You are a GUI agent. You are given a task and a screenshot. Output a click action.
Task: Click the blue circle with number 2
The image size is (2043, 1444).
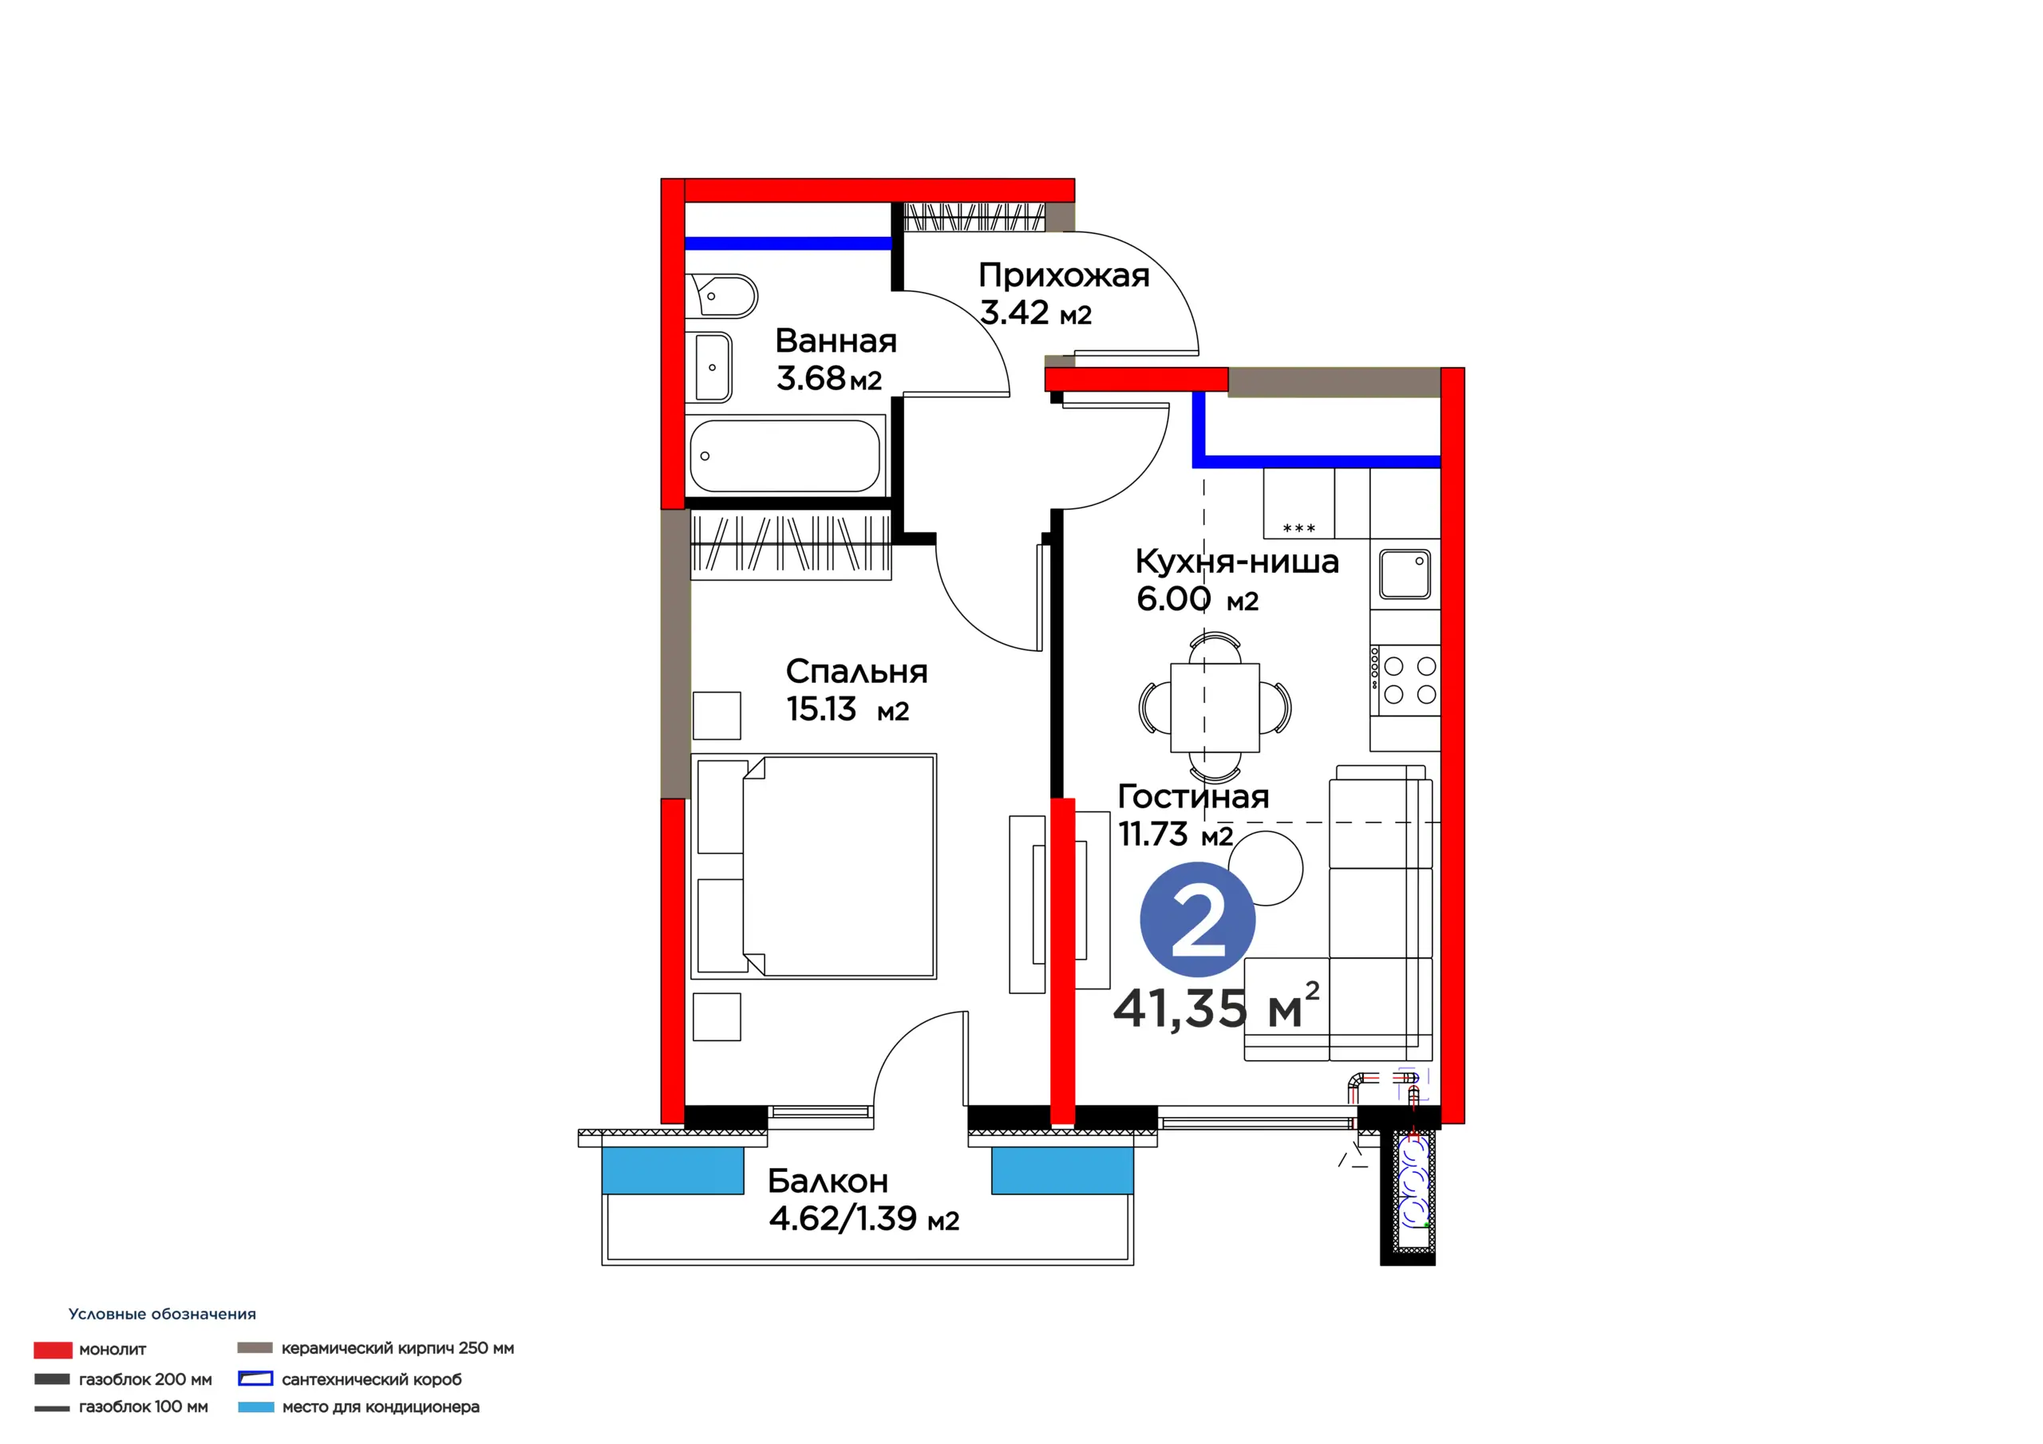pyautogui.click(x=1197, y=919)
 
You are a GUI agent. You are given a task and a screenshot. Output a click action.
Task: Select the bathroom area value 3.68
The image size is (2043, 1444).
pyautogui.click(x=811, y=378)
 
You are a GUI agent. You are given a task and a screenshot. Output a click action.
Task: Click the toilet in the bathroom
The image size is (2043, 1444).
pyautogui.click(x=722, y=295)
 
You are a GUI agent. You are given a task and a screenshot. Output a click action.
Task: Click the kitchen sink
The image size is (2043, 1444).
pyautogui.click(x=1405, y=574)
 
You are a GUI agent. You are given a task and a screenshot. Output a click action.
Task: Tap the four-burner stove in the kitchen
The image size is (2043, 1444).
pyautogui.click(x=1405, y=681)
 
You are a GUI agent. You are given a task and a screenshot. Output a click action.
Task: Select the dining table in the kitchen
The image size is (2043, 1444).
pyautogui.click(x=1215, y=708)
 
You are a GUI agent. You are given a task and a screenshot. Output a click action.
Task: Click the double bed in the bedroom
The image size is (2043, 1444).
pyautogui.click(x=813, y=866)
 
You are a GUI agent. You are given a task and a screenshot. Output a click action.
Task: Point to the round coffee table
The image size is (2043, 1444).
pyautogui.click(x=1267, y=868)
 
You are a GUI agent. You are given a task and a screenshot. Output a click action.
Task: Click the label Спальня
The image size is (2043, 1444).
pyautogui.click(x=857, y=672)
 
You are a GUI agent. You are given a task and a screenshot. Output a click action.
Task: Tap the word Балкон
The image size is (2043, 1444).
pyautogui.click(x=828, y=1181)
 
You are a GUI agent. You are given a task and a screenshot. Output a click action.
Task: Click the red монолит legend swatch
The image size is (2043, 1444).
pyautogui.click(x=53, y=1350)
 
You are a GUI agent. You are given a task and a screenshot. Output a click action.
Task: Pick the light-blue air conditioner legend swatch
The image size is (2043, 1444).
pyautogui.click(x=256, y=1407)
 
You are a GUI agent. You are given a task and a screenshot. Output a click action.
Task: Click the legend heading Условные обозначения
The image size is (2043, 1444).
pyautogui.click(x=162, y=1314)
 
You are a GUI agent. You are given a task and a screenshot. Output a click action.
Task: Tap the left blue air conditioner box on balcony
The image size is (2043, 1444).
pyautogui.click(x=673, y=1170)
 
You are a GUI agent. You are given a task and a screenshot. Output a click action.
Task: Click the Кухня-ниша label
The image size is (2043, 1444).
pyautogui.click(x=1237, y=562)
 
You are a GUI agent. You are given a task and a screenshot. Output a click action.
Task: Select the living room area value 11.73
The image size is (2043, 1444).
pyautogui.click(x=1152, y=834)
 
